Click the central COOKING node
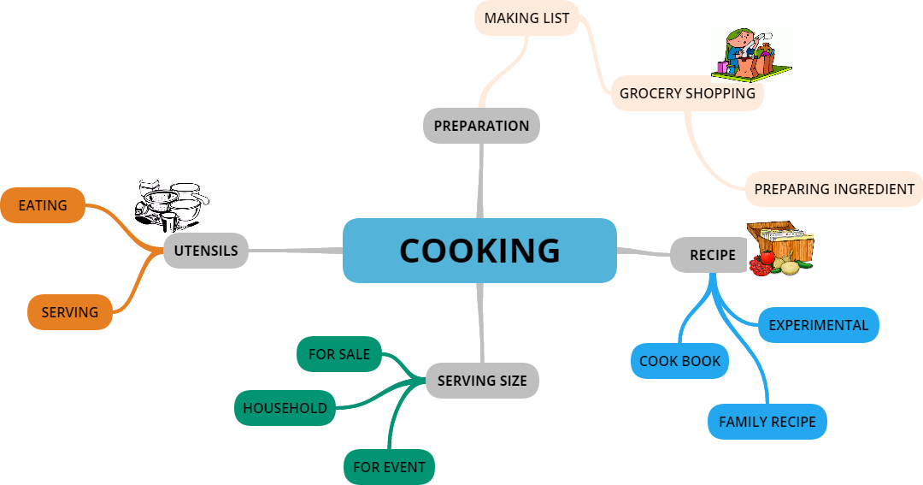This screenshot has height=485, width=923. click(x=479, y=251)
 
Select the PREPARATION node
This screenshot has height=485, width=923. click(x=481, y=126)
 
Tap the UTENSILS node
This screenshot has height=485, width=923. click(x=206, y=251)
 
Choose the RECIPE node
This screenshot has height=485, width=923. click(x=712, y=255)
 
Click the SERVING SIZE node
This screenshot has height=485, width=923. click(x=482, y=381)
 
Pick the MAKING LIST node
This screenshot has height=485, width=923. click(x=526, y=18)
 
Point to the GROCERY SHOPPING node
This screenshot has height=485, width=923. click(x=687, y=93)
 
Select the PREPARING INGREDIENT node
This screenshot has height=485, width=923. click(x=834, y=189)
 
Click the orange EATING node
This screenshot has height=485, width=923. click(x=43, y=205)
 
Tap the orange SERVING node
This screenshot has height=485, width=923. click(x=70, y=312)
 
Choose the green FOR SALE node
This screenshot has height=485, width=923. click(x=339, y=354)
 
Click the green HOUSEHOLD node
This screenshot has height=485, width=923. click(x=285, y=408)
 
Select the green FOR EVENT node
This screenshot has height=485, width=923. click(x=389, y=467)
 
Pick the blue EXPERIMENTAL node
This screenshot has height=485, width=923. click(x=818, y=325)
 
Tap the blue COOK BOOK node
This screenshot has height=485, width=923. click(x=679, y=361)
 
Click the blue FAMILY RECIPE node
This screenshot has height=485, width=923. click(x=767, y=422)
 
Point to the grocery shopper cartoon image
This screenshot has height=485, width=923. click(x=751, y=55)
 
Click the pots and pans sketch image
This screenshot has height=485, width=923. click(x=171, y=205)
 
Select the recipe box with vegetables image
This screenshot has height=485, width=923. click(x=780, y=248)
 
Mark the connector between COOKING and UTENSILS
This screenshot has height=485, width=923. click(x=296, y=251)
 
